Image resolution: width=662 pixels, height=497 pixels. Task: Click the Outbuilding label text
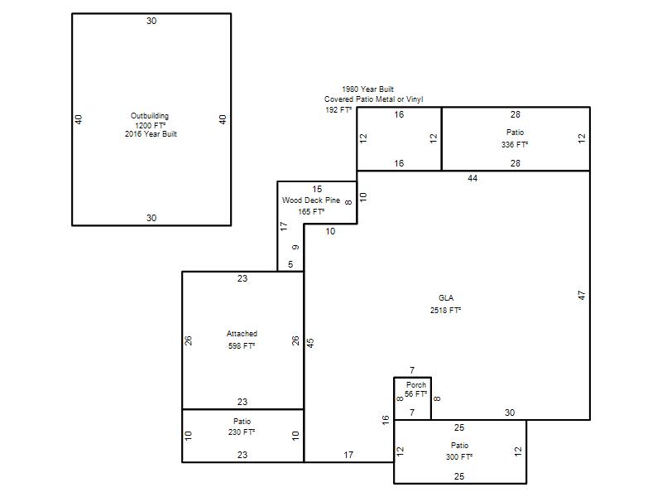point(150,116)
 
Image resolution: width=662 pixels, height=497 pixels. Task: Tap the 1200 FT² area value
point(151,126)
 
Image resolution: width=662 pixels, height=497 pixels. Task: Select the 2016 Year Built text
point(151,134)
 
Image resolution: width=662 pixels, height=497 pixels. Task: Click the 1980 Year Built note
point(367,89)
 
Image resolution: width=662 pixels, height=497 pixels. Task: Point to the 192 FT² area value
point(338,110)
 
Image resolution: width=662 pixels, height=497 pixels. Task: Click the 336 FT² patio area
point(515,144)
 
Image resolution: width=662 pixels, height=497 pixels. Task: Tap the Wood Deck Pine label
point(311,200)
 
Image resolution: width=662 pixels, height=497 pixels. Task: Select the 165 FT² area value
point(312,212)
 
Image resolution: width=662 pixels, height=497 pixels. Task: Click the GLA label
point(446,298)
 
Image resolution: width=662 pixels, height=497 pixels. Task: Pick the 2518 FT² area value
point(445,310)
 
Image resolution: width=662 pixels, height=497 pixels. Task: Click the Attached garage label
point(242,334)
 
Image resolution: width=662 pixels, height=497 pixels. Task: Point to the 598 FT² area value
point(242,346)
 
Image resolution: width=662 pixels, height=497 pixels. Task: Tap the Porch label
point(416,385)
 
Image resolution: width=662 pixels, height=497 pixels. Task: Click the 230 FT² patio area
point(242,432)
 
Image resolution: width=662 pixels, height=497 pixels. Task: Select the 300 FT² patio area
point(459,457)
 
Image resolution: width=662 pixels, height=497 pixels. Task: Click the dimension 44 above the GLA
point(473,178)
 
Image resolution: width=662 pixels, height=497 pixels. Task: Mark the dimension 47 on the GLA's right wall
point(582,296)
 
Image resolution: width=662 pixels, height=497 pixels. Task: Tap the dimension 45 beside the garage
point(310,343)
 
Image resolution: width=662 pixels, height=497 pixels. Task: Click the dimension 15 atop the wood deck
point(317,189)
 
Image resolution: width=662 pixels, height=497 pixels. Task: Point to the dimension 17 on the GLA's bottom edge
point(348,455)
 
